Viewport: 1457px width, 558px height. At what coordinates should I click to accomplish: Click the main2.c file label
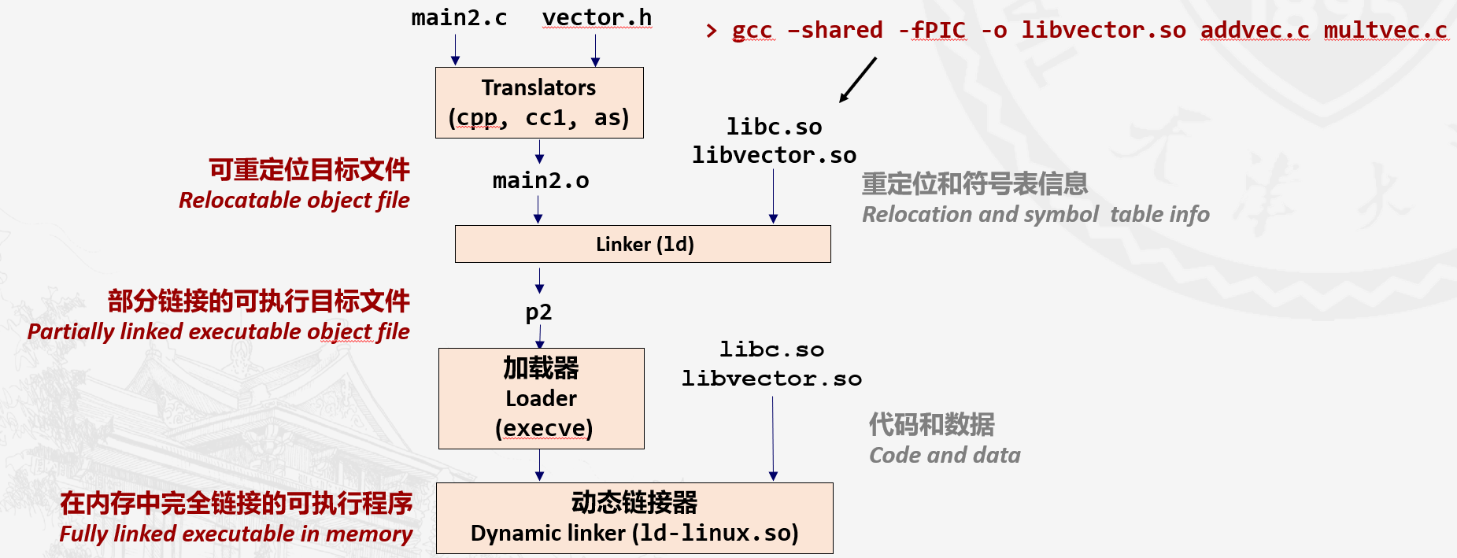[459, 18]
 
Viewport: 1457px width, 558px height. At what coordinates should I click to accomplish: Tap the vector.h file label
[597, 18]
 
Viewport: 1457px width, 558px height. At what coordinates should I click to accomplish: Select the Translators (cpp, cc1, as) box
[539, 102]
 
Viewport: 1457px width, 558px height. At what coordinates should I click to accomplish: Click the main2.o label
[541, 181]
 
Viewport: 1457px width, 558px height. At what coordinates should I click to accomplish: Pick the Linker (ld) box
[643, 244]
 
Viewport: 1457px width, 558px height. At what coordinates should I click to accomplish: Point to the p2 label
[538, 312]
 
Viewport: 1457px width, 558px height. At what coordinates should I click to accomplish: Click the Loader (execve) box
[542, 398]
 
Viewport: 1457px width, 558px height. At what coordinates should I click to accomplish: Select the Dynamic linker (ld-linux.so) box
[634, 518]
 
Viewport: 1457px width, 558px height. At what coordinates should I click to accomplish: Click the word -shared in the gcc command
[835, 31]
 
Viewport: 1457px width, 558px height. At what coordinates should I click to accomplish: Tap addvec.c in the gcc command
[1255, 31]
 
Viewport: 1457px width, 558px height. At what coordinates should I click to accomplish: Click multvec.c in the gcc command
[1385, 31]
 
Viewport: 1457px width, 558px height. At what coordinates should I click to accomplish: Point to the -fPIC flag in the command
[932, 31]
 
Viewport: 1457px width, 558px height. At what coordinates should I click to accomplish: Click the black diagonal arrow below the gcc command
[858, 79]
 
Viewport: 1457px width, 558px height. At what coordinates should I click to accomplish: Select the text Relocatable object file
[294, 201]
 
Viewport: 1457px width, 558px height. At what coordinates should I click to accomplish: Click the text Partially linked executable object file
[218, 332]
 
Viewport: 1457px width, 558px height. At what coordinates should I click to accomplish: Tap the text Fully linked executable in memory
[235, 534]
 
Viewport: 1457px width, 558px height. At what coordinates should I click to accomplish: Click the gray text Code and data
[945, 456]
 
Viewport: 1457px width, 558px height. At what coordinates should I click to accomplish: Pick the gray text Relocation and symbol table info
[1035, 215]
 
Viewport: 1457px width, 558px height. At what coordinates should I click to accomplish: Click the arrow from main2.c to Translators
[455, 50]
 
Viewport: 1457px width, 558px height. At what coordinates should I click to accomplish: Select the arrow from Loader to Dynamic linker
[539, 465]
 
